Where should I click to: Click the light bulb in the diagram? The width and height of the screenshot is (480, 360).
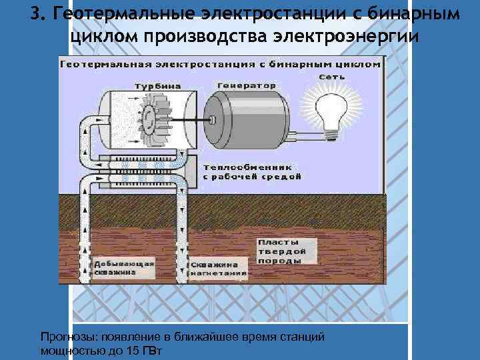point(330,110)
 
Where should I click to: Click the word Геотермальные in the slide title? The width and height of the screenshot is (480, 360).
point(127,14)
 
